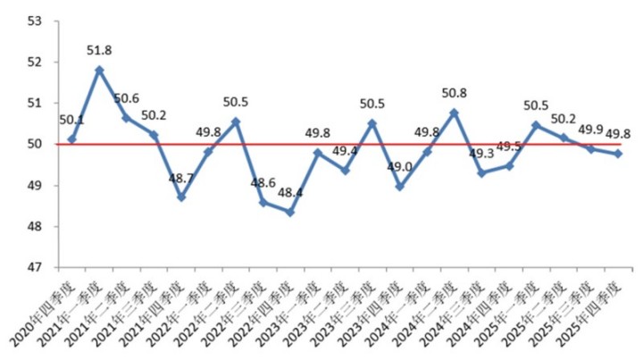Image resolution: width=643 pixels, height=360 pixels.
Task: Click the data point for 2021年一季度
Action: [99, 70]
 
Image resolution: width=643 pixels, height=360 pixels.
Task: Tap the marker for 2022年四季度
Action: [290, 212]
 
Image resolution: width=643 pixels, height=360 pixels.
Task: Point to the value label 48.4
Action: [290, 192]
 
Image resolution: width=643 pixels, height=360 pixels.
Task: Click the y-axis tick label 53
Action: [37, 21]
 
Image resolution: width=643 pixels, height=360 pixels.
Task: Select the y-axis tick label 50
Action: [37, 145]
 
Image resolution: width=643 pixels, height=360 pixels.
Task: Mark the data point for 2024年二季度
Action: [454, 113]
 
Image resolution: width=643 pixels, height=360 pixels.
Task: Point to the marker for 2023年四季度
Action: [399, 187]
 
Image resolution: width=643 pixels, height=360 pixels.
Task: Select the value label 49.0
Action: [399, 166]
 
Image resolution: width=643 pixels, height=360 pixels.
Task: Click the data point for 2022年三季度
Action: [263, 203]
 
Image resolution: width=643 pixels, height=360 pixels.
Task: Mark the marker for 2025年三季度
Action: [590, 149]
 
